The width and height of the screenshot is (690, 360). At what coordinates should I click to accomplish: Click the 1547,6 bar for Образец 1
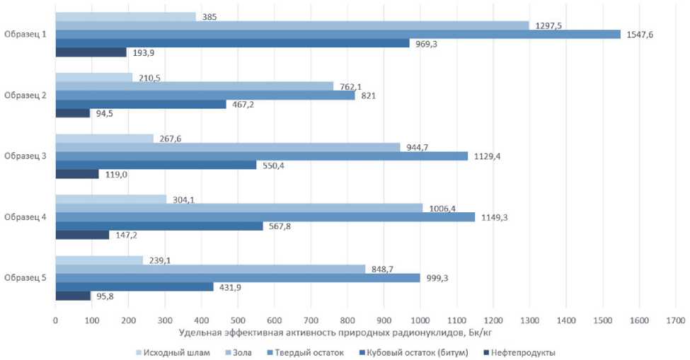338,34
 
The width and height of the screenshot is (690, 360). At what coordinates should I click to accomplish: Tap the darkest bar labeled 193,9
91,52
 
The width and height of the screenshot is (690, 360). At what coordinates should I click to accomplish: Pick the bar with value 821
205,95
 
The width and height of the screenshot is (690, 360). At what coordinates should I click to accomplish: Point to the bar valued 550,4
156,165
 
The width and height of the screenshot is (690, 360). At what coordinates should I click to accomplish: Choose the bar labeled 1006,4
238,208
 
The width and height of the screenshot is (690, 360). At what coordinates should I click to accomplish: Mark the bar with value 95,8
73,296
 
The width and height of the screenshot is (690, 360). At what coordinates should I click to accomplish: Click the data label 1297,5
548,25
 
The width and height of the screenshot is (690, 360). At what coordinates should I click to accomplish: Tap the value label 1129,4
486,156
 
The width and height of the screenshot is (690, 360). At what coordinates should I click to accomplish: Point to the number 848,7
385,269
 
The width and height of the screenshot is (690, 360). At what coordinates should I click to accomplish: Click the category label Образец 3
25,156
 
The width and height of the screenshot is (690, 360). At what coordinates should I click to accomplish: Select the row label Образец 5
25,277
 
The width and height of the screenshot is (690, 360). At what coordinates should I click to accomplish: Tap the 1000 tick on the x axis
420,320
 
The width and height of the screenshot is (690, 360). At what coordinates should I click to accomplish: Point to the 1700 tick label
675,320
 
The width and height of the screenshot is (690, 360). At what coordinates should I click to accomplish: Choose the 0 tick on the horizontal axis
55,320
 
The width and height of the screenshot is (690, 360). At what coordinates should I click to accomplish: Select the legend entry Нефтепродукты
522,352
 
